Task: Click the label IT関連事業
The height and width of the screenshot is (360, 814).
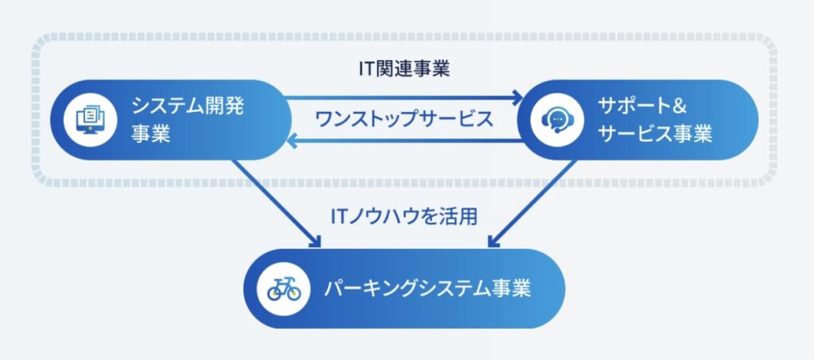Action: coord(404,68)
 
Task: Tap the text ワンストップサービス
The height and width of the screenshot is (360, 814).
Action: coord(404,120)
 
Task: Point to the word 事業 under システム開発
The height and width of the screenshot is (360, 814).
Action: coord(151,134)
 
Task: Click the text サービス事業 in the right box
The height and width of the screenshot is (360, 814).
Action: coord(657,134)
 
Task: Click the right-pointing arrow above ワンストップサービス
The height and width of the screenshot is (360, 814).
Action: coord(404,98)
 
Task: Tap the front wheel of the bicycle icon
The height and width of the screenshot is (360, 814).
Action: coord(294,293)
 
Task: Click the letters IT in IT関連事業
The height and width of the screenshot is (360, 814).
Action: coord(366,68)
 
